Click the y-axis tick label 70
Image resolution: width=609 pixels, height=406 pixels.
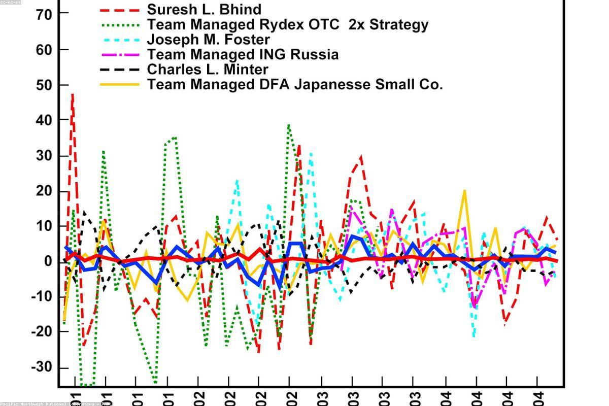[x=45, y=15]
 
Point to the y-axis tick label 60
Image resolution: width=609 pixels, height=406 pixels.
[x=45, y=50]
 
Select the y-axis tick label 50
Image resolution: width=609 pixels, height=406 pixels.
[x=45, y=85]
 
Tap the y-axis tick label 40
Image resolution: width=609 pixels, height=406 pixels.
[x=45, y=120]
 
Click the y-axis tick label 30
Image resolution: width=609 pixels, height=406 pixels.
[x=45, y=155]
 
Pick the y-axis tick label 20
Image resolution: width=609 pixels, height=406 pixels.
[x=45, y=191]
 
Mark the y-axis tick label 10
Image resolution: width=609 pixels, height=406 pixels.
[x=45, y=226]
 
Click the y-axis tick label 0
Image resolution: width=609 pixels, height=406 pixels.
[x=49, y=261]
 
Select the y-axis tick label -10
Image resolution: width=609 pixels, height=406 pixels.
[x=42, y=296]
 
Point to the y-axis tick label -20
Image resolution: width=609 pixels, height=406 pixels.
[x=42, y=331]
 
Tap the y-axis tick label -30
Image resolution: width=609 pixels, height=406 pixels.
[x=42, y=367]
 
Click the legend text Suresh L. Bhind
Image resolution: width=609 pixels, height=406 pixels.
[x=204, y=9]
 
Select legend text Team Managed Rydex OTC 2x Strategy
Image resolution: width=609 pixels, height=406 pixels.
[x=287, y=24]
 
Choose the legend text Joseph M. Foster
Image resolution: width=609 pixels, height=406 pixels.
[x=208, y=39]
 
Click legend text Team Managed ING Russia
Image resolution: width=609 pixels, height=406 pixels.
[x=243, y=54]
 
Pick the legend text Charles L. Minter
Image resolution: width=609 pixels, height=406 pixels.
[x=208, y=69]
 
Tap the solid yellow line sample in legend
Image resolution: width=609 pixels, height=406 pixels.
[x=120, y=84]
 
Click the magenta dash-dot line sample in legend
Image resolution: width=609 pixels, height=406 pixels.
[x=120, y=54]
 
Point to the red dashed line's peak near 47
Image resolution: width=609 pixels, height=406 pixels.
[x=73, y=94]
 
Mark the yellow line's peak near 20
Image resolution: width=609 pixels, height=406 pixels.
[x=464, y=191]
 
